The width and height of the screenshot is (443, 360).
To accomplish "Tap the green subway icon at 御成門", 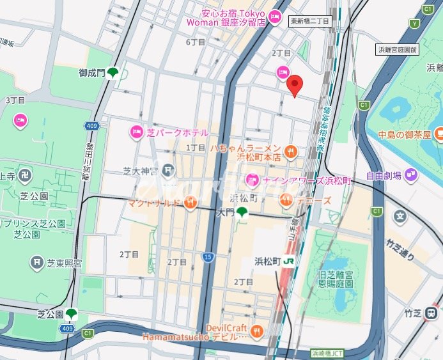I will point(113,73).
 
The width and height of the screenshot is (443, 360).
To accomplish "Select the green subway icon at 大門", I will point(242,213).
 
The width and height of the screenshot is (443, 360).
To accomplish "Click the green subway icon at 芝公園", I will point(71,314).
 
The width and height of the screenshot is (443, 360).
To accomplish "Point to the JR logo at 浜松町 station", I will point(289,262).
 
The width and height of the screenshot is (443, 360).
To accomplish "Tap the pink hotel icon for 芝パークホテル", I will point(137,132).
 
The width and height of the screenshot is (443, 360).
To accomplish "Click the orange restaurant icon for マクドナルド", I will point(190,203).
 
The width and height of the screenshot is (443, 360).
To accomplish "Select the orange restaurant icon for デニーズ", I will point(286,201).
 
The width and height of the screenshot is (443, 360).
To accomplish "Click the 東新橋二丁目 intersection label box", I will point(310,21).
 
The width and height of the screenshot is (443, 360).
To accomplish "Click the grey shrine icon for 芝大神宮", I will point(168,170).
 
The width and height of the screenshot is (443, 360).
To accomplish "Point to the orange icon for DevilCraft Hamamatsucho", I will point(257,331).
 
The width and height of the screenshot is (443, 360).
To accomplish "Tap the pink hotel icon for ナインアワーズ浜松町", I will point(253,180).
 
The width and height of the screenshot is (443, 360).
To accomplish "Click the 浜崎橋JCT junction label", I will point(327,352).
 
